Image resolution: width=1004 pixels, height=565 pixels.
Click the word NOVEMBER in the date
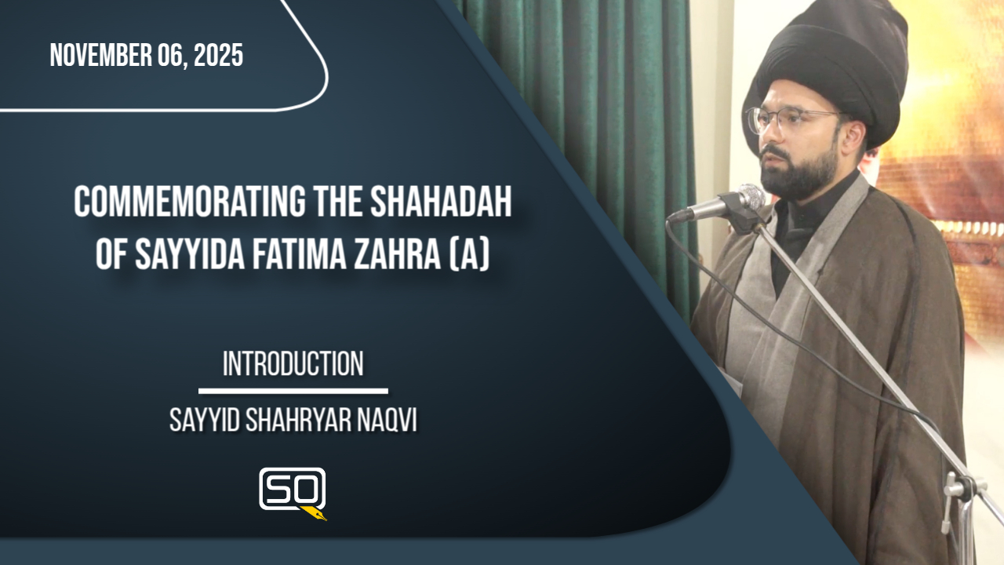(101, 56)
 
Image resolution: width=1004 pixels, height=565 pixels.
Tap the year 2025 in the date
(218, 56)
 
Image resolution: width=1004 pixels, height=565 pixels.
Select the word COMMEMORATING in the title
(188, 202)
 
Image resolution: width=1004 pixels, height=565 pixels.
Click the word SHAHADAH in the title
(441, 202)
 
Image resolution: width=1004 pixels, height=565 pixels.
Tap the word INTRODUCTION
(293, 363)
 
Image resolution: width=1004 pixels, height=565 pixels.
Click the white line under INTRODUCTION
(293, 391)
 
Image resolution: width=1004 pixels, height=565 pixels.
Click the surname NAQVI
(387, 421)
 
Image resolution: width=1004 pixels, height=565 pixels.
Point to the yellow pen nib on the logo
(315, 513)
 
